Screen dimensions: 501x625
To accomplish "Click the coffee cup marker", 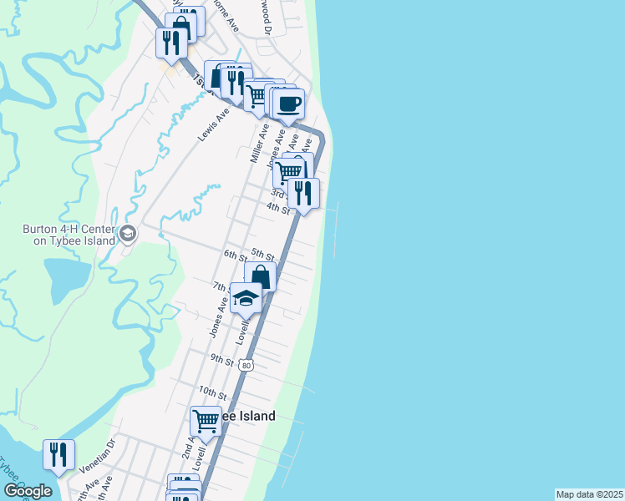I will (288, 105).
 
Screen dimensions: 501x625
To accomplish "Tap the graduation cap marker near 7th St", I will (246, 298).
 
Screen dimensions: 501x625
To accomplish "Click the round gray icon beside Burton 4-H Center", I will (127, 233).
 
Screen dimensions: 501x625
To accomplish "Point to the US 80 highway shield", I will (245, 365).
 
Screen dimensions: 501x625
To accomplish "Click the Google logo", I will (28, 490).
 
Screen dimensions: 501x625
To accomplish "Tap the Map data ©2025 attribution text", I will (589, 494).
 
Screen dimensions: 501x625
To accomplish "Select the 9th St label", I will (221, 359).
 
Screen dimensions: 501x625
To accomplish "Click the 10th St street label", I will (213, 392).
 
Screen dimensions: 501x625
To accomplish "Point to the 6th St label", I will (235, 254).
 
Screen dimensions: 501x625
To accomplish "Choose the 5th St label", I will (263, 254).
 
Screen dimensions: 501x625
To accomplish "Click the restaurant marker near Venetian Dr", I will (58, 455).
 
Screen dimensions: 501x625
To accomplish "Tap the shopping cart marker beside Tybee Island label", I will (205, 421).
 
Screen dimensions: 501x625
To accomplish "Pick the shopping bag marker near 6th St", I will (260, 276).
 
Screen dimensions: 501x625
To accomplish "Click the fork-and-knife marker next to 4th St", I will (303, 193).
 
